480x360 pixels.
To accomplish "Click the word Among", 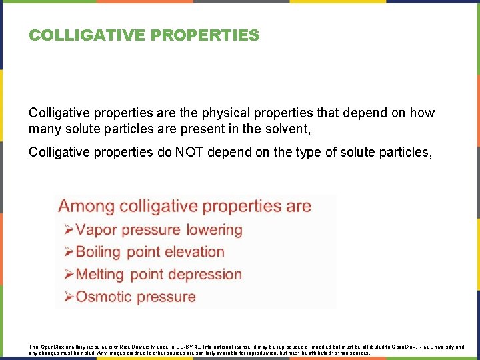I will tap(87, 206).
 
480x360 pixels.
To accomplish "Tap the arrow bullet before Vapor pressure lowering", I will tap(68, 231).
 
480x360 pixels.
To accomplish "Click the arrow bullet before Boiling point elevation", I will tap(68, 253).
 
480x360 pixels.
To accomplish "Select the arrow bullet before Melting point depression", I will tap(68, 275).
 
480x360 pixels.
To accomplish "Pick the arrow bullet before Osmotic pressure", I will tap(68, 297).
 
